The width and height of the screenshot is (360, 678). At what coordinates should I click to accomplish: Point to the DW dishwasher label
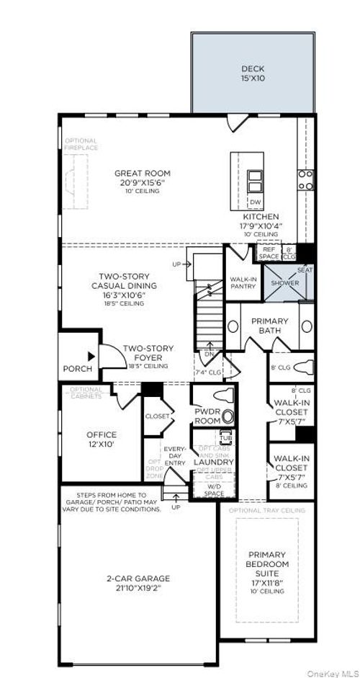coord(255,202)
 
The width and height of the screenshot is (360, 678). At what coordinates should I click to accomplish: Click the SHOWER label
coord(284,283)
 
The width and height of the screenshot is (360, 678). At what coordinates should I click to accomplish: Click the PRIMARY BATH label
coord(269,326)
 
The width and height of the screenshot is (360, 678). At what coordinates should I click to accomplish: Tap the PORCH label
coord(78,369)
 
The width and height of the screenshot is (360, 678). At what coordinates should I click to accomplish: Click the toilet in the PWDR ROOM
coord(228,415)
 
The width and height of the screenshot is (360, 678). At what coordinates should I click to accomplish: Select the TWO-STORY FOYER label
coord(147,354)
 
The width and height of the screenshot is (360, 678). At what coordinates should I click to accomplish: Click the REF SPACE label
coord(269,254)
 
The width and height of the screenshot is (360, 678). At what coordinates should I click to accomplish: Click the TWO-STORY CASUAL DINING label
coord(129,285)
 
